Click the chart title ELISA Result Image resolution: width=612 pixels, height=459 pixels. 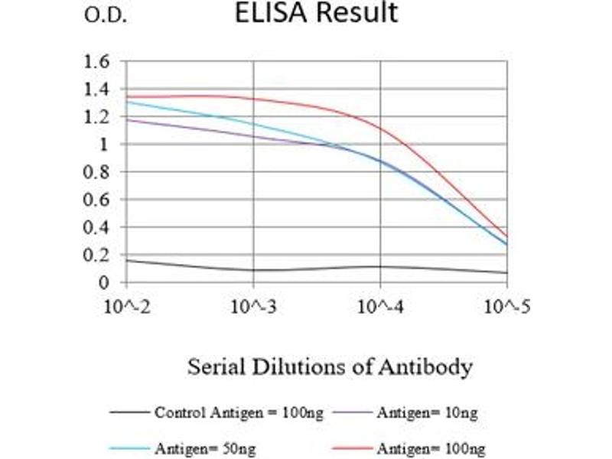[x=317, y=13]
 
